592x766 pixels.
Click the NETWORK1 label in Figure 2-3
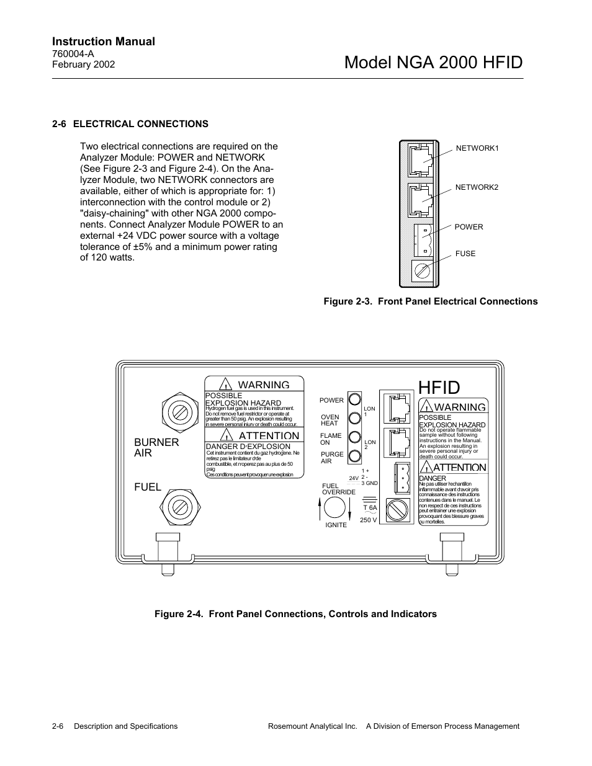(477, 148)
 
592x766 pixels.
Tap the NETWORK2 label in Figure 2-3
(477, 187)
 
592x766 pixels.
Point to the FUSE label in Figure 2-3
(465, 254)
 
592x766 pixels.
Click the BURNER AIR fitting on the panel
(179, 411)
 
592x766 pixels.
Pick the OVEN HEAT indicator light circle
(355, 417)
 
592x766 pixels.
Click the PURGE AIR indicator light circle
(355, 456)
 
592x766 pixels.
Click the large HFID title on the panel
(439, 388)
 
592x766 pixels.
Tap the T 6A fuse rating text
(370, 508)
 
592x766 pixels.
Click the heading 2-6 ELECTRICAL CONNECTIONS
(130, 124)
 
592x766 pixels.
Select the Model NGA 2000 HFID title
(433, 63)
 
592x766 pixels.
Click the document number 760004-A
(73, 54)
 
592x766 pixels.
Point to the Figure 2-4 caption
(295, 614)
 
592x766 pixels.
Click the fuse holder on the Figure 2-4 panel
(397, 510)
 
